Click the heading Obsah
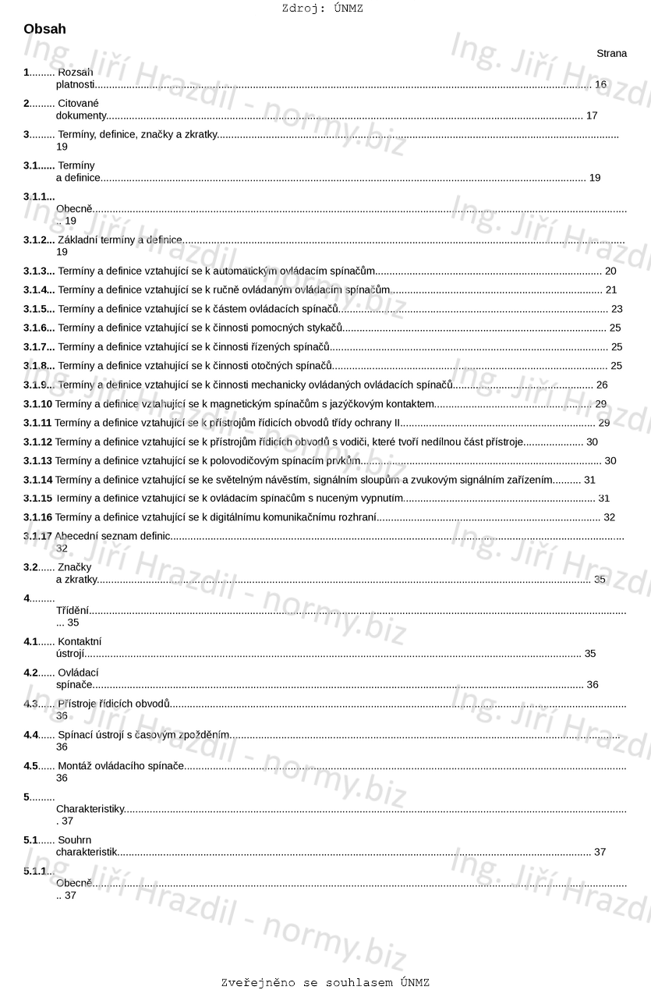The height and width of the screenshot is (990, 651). (x=44, y=30)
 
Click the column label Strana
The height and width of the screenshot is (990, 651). (x=611, y=54)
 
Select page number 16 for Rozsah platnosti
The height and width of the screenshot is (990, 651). (x=600, y=84)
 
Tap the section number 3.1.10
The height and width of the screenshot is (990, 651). (x=37, y=404)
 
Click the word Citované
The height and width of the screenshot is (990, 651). (x=79, y=103)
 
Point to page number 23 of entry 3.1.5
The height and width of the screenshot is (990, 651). (x=617, y=309)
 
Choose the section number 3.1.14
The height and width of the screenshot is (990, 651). (x=37, y=480)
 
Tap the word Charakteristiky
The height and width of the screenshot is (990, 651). (x=90, y=809)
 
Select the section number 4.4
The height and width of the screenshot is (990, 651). (x=30, y=735)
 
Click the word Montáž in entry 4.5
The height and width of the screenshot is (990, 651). (x=74, y=766)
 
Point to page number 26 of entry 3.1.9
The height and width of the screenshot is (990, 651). (x=601, y=385)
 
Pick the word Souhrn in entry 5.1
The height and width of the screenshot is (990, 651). (x=75, y=840)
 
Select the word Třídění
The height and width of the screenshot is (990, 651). (x=73, y=610)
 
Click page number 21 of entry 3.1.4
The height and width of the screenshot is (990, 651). (x=611, y=290)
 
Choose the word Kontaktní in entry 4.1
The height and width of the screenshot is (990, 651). (x=80, y=641)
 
